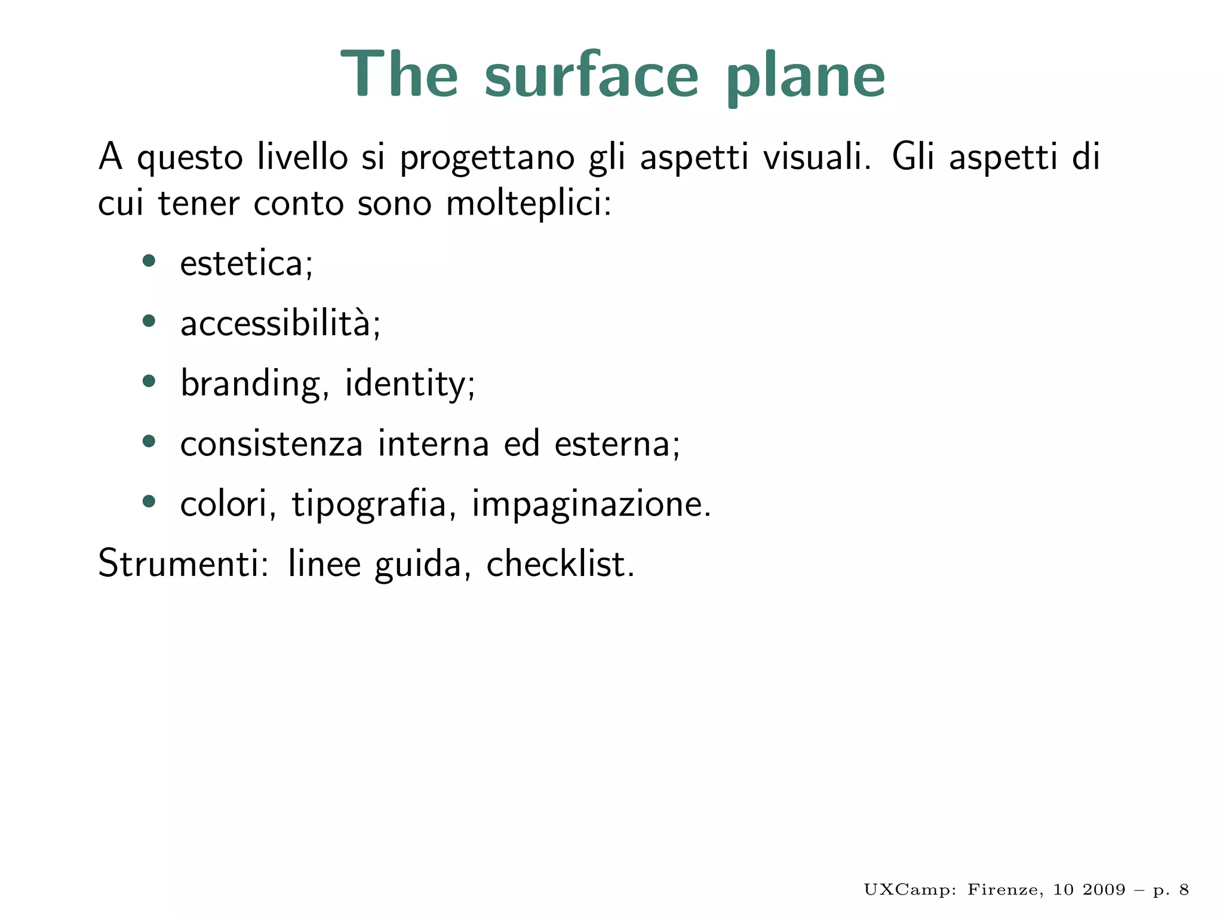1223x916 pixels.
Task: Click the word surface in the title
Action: tap(591, 76)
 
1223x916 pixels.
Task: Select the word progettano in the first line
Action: tap(487, 158)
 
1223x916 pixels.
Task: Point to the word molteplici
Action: tap(528, 204)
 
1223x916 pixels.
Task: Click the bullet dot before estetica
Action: tap(149, 261)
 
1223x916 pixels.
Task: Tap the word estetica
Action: tap(245, 264)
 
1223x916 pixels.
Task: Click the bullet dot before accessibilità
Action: tap(149, 321)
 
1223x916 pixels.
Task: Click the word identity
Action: tap(409, 384)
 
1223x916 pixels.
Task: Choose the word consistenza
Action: tap(272, 444)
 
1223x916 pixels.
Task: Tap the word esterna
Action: tap(616, 444)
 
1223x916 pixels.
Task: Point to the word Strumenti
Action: tap(183, 563)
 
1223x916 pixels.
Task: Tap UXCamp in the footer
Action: tap(909, 890)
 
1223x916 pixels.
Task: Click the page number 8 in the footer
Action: tap(1184, 890)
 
